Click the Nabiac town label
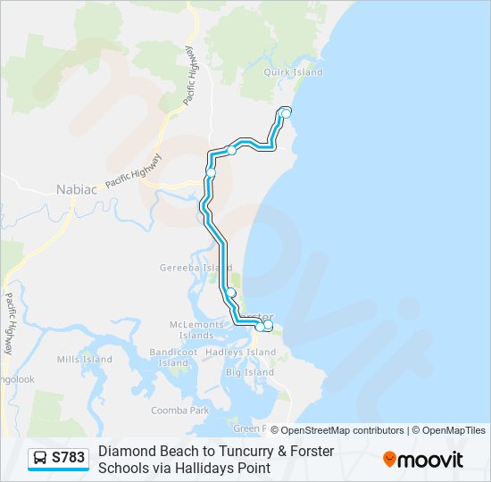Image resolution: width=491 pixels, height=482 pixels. click(76, 189)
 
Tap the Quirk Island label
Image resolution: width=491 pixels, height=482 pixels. click(292, 72)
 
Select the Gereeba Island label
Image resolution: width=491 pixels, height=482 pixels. click(196, 267)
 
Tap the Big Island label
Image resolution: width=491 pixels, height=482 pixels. click(249, 371)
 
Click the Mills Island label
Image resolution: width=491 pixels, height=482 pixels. click(84, 359)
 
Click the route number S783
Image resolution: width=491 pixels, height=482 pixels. click(69, 459)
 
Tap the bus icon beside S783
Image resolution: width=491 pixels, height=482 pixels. click(40, 459)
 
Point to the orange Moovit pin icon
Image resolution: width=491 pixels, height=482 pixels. click(389, 459)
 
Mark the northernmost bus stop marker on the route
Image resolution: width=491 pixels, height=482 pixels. click(286, 112)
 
